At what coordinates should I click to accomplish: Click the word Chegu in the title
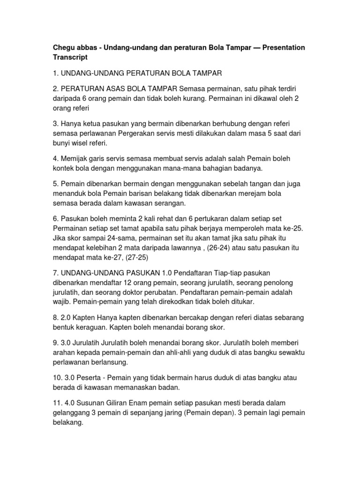(x=64, y=48)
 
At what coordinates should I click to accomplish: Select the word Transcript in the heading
(x=72, y=57)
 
